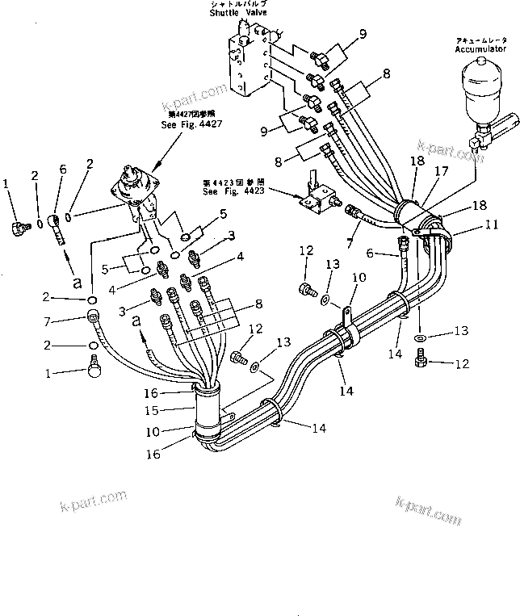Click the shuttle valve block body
(250, 61)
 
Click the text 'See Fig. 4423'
(237, 190)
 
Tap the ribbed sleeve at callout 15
(211, 410)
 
